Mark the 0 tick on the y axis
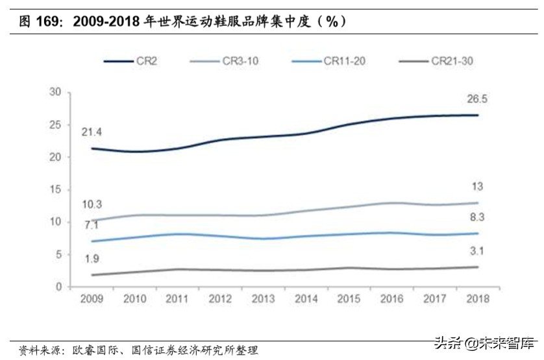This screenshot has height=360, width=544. point(58,287)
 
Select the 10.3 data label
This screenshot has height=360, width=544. point(91,204)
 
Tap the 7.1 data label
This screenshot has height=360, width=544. point(90,225)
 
